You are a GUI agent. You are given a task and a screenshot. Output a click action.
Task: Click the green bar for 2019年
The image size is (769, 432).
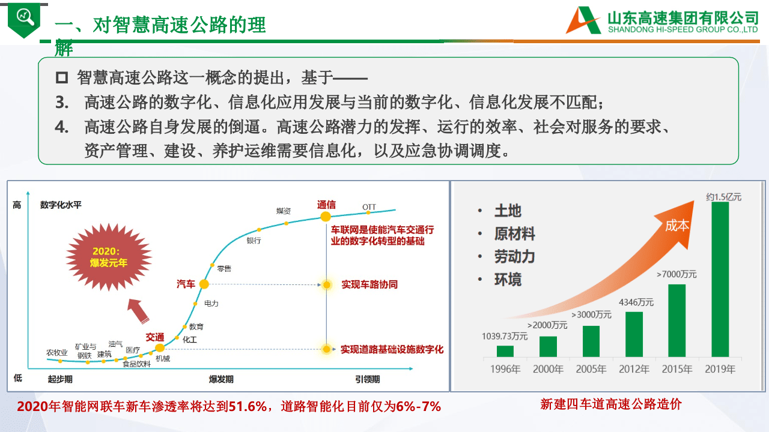pos(720,279)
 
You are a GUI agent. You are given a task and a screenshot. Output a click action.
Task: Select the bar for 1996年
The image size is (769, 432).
pos(505,351)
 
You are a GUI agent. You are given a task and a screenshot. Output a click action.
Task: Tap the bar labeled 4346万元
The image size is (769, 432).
pos(634,334)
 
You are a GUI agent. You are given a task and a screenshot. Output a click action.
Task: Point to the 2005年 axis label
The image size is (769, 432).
pos(591,369)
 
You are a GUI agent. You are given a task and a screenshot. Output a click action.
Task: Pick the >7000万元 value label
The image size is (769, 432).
pos(676,274)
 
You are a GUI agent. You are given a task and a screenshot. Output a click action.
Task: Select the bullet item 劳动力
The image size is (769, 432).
pos(514,256)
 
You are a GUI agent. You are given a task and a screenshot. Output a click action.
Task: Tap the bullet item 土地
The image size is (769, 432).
pos(508,211)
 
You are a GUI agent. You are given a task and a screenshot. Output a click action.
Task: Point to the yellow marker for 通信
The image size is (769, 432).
pos(326,217)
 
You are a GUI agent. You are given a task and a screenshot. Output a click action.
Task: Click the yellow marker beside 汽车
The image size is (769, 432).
pos(204,284)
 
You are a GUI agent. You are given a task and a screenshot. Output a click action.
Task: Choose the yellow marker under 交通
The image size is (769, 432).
pos(160,347)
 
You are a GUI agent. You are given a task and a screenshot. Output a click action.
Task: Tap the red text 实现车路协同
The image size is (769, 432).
pos(369,284)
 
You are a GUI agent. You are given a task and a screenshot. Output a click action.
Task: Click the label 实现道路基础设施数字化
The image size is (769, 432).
pos(392,349)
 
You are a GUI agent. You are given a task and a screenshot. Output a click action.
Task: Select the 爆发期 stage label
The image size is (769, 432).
pos(221,379)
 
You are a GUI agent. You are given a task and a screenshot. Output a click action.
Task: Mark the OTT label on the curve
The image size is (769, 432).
pos(369,207)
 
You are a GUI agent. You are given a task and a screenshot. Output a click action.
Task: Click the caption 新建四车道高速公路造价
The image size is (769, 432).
pos(611,404)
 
